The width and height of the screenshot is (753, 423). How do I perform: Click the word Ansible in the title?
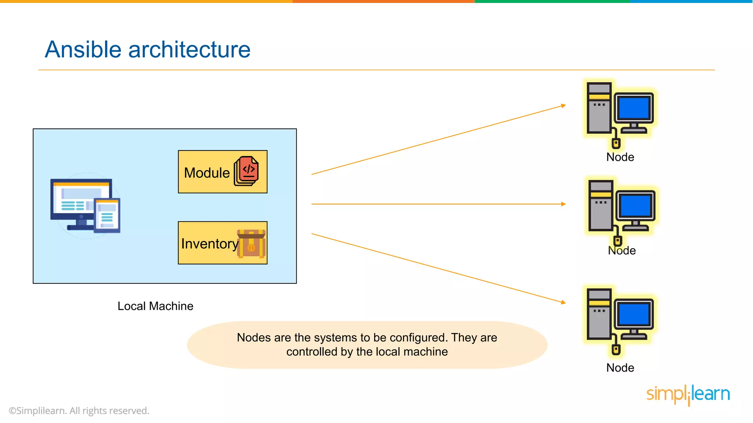tap(83, 50)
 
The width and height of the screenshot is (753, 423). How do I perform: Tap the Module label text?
tap(207, 173)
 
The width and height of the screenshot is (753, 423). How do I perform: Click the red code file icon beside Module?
tap(247, 171)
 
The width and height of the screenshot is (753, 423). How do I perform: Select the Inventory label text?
tap(210, 244)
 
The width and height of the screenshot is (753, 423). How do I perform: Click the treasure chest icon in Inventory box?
tap(251, 244)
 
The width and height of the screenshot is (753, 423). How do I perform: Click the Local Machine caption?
tap(155, 306)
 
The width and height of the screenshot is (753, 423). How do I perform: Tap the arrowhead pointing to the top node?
tap(563, 106)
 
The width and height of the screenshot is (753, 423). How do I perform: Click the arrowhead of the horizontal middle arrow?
tap(563, 204)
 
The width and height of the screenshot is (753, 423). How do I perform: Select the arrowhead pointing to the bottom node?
tap(563, 302)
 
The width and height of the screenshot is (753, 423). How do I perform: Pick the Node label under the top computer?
tap(620, 157)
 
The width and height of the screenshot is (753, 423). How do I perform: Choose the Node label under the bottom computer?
tap(620, 368)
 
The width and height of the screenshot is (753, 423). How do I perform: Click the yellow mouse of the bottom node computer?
tap(616, 350)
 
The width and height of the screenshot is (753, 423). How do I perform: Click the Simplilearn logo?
tap(688, 394)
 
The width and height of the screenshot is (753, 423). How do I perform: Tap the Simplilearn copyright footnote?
tap(79, 411)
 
